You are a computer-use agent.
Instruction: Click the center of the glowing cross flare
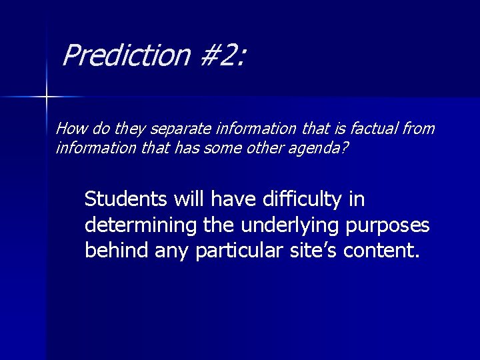(47, 97)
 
